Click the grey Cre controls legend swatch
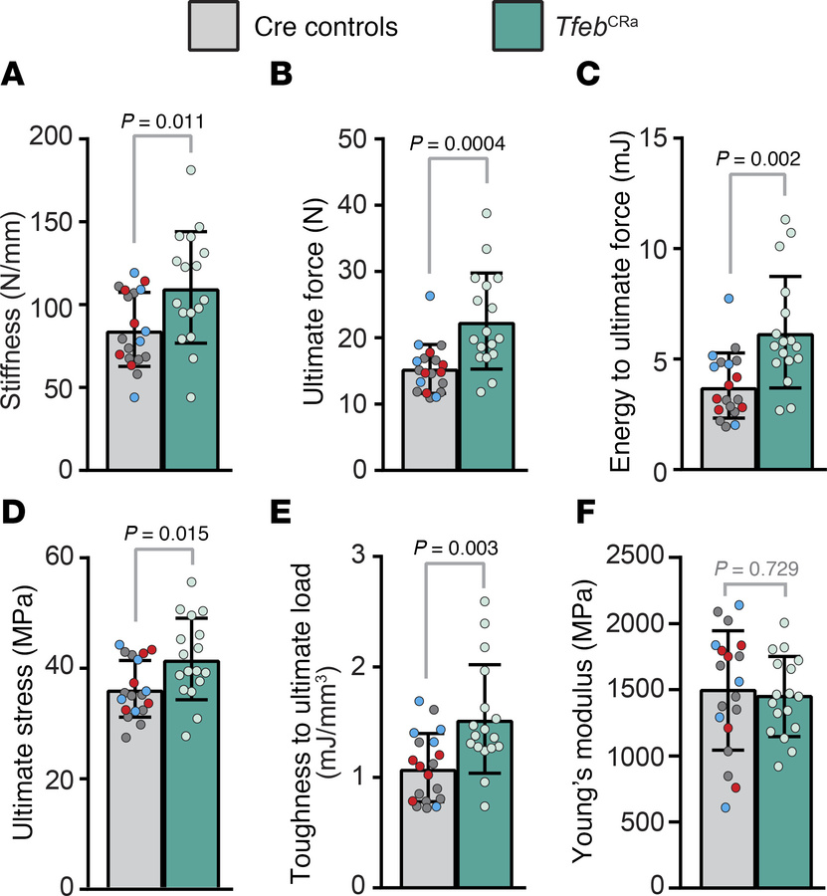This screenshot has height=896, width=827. pyautogui.click(x=213, y=27)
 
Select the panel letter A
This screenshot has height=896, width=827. pyautogui.click(x=13, y=73)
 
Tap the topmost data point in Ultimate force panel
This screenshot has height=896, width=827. pyautogui.click(x=487, y=214)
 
